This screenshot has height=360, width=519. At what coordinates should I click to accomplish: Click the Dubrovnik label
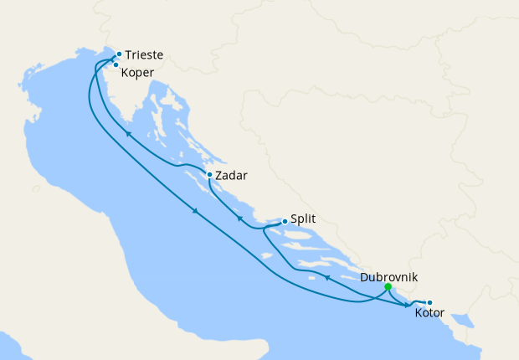388,277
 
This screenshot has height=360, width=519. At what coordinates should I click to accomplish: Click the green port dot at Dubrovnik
388,287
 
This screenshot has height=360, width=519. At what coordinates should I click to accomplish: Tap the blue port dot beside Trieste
119,54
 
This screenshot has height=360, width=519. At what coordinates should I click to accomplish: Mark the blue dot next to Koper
116,64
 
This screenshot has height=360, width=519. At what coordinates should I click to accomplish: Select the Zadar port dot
209,175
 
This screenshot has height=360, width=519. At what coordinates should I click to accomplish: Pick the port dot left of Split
285,221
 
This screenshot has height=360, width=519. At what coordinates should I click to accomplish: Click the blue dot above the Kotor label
429,303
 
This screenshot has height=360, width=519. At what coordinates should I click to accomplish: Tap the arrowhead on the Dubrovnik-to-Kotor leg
409,306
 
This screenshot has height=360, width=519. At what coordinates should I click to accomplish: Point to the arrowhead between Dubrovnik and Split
326,277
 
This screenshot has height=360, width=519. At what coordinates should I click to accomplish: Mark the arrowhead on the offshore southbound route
196,211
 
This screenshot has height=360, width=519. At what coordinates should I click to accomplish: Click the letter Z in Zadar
219,176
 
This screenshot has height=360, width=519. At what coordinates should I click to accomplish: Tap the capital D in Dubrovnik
364,277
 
